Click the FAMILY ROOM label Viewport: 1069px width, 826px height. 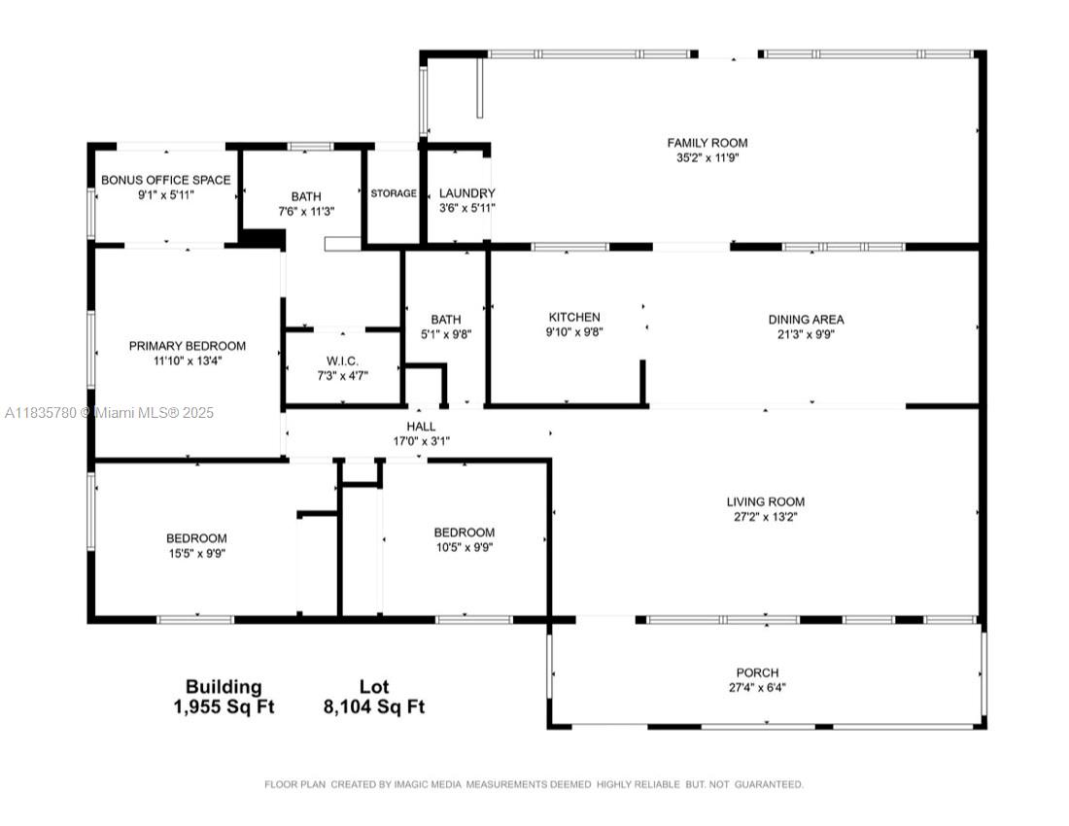point(707,143)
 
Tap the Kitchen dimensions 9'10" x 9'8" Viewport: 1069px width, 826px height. point(574,332)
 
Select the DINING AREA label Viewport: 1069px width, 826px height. point(806,320)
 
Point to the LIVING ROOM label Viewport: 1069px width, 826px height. point(765,502)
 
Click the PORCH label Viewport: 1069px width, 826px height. point(757,672)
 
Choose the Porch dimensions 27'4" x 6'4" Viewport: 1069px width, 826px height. point(757,688)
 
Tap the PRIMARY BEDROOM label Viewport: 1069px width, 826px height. point(188,346)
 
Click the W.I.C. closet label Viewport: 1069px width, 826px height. point(342,361)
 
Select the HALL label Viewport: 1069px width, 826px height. point(421,427)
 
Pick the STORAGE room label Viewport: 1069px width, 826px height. point(394,193)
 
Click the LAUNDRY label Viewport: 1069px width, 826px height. point(467,193)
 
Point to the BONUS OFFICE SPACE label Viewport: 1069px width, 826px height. point(165,180)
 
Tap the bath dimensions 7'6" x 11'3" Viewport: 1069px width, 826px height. point(306,212)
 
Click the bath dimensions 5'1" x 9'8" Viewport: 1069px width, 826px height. point(446,334)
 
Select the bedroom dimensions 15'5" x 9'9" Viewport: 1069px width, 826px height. point(197,553)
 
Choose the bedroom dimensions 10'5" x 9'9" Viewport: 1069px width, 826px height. point(465,547)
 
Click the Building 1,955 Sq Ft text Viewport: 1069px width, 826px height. point(224,697)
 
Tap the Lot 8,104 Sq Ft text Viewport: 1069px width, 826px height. point(373,697)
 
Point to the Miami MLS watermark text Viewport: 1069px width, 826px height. point(109,413)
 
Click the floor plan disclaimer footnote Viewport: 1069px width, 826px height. point(534,784)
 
